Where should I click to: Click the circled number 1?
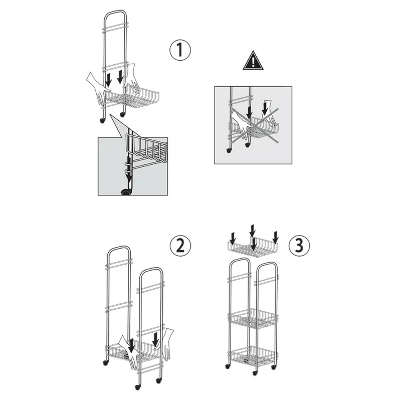180,50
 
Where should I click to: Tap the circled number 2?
180,246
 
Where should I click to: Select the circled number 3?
299,245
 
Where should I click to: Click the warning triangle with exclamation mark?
253,60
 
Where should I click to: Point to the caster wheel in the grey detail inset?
125,192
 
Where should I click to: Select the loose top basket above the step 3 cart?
253,247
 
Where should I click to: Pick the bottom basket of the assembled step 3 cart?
253,356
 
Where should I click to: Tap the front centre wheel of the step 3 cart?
255,373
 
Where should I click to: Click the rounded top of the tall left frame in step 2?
119,247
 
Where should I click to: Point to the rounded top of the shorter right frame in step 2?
151,269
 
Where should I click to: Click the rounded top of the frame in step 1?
115,12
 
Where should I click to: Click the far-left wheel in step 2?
105,362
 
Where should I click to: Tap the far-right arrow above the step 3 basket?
275,237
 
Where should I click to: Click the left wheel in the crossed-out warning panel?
229,151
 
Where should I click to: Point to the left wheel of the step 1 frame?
103,121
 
